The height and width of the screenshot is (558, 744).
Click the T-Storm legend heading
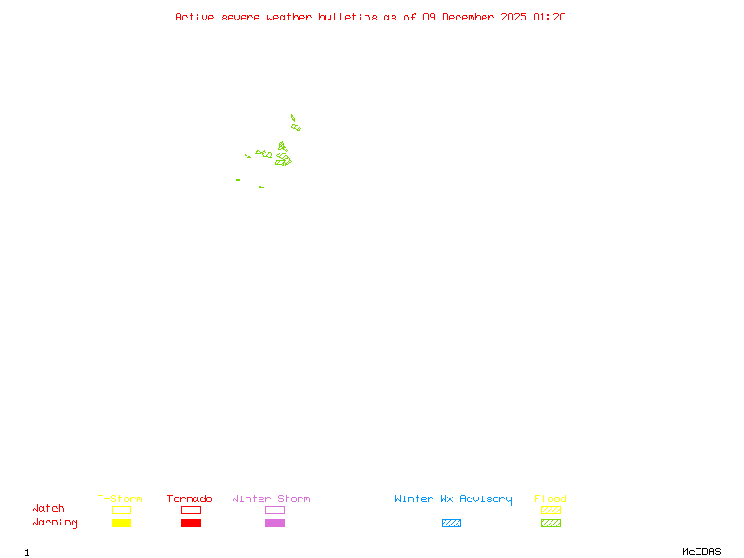click(x=120, y=499)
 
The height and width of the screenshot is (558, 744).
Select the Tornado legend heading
click(x=190, y=499)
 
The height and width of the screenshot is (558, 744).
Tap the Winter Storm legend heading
click(x=271, y=499)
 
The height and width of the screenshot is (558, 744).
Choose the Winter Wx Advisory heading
click(x=453, y=499)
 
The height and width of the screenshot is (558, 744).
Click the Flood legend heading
click(x=551, y=499)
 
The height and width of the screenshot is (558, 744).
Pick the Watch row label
click(x=48, y=509)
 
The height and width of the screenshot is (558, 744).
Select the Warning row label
click(x=55, y=523)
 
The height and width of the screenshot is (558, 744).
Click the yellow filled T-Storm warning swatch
click(x=121, y=524)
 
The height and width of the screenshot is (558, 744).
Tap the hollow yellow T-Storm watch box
click(x=121, y=510)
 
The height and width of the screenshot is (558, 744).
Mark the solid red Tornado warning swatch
click(x=191, y=524)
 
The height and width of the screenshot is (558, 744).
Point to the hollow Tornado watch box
click(x=191, y=510)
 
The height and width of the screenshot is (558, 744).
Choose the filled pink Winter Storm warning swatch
click(x=274, y=524)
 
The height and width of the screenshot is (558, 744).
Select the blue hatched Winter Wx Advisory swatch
click(x=451, y=524)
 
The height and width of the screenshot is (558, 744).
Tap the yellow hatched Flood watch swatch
click(x=551, y=510)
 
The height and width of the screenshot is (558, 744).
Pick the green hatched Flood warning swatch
click(x=551, y=524)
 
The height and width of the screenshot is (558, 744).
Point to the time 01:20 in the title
click(x=550, y=17)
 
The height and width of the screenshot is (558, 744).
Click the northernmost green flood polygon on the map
click(x=292, y=118)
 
